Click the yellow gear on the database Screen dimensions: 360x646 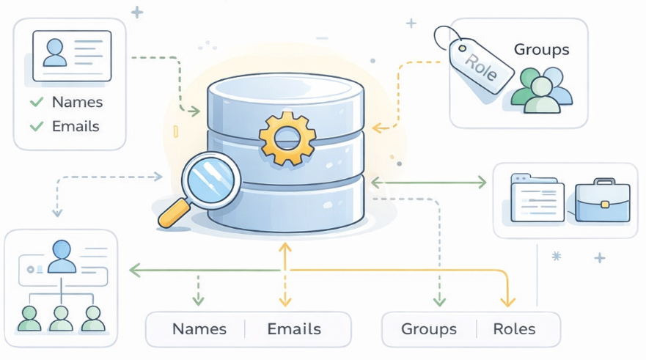tap(287, 136)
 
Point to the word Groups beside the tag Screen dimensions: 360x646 tap(541, 50)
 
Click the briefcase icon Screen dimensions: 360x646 tap(603, 201)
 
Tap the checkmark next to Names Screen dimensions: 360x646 tap(36, 103)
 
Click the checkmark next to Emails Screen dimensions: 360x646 tap(36, 126)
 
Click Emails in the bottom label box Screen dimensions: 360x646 tap(293, 328)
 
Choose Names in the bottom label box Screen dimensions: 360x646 tap(199, 328)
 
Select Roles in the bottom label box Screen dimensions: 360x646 tap(514, 328)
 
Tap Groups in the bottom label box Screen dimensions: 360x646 tap(429, 328)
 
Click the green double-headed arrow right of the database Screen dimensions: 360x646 tap(430, 181)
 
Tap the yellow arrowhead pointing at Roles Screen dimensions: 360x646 tap(507, 301)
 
